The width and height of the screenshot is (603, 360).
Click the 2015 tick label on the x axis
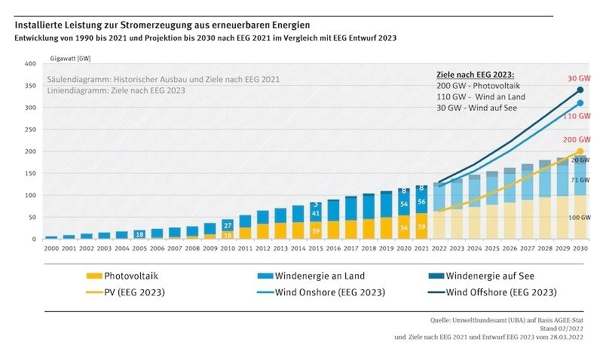coord(316,247)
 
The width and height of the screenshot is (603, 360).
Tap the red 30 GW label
coord(579,78)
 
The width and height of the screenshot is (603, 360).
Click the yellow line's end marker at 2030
coord(580,151)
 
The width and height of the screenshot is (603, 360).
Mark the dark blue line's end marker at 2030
coord(580,90)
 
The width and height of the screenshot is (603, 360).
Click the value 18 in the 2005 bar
coord(139,235)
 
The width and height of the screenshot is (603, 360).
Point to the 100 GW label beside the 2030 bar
coord(580,218)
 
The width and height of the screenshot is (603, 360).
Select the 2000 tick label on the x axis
coord(51,247)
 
